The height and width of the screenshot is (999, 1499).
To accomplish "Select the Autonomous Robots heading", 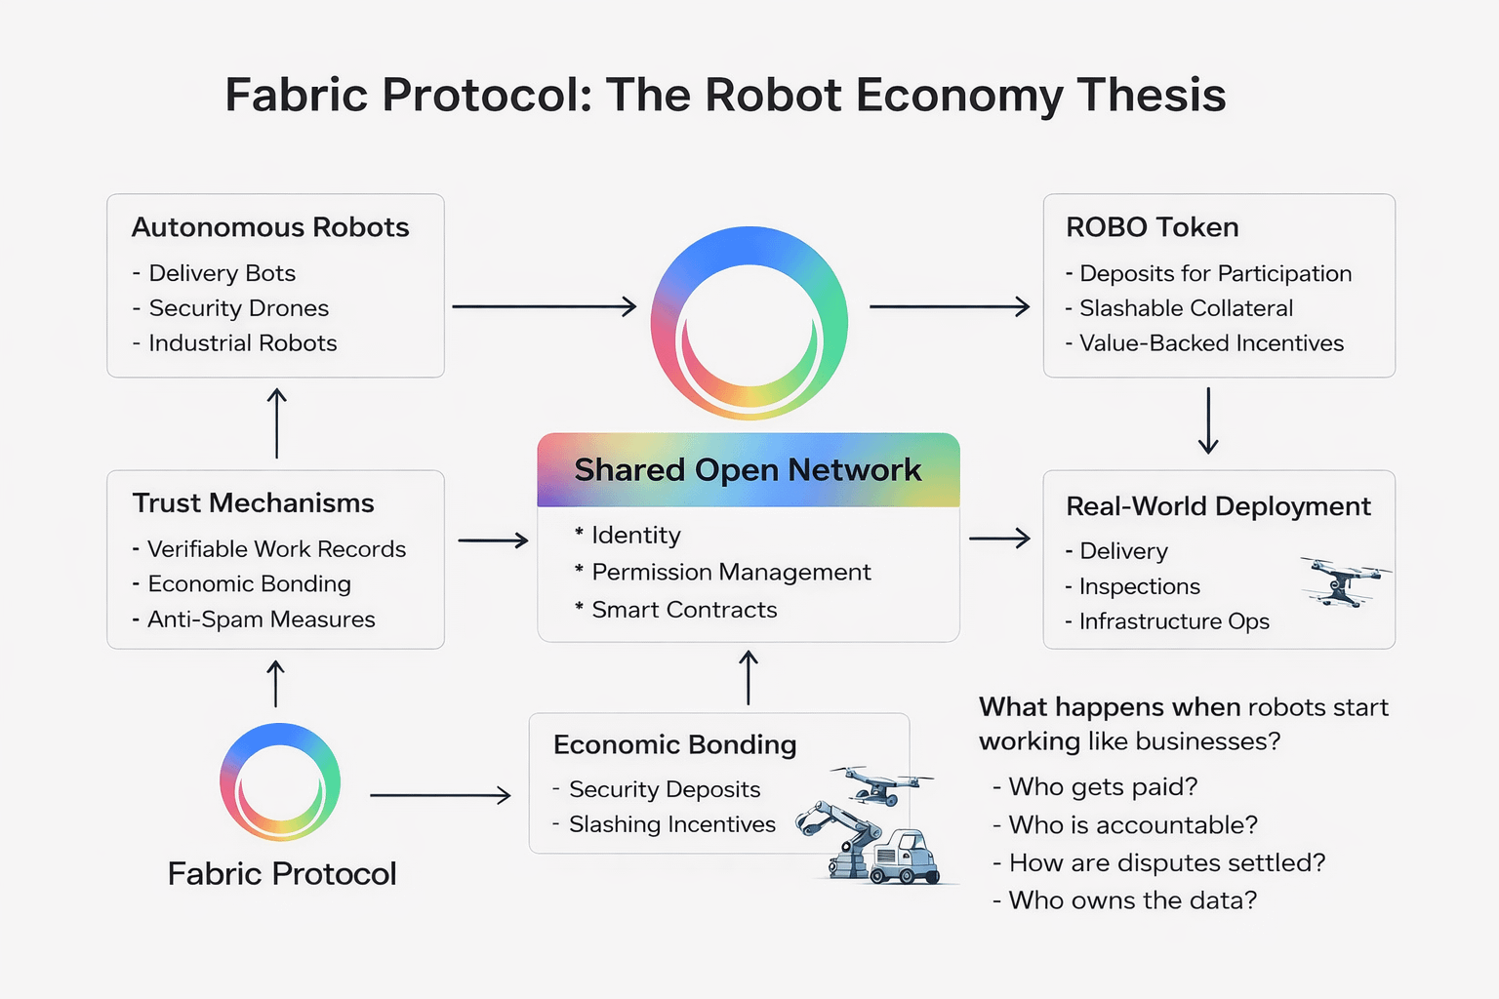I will (270, 227).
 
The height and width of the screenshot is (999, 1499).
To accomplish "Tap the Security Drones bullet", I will (238, 308).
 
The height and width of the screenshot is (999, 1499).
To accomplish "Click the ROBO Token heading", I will (1152, 227).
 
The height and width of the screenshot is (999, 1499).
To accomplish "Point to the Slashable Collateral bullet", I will (1186, 308).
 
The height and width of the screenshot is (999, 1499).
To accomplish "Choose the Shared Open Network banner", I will (748, 469).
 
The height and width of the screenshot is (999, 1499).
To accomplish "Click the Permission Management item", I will (731, 572).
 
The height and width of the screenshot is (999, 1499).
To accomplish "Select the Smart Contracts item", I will (684, 610).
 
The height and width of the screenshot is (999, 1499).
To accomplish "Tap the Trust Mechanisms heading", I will (254, 503).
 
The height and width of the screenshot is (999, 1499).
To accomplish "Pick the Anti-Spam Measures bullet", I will (261, 619).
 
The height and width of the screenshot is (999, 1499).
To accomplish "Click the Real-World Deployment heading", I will (1218, 506).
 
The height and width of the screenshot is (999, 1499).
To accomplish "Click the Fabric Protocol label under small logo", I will (282, 874).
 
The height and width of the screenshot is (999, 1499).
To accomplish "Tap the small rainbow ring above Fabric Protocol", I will (280, 781).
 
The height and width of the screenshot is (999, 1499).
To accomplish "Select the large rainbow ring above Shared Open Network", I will (749, 323).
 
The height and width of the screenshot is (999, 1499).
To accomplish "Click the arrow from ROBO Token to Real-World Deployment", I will (1208, 420).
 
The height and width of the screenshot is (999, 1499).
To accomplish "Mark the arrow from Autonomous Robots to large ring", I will (544, 307).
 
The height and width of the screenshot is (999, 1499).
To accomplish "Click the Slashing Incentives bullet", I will (671, 824).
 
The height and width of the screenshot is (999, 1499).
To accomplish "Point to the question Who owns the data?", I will (1132, 899).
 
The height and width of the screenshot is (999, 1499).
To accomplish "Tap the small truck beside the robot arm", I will (904, 856).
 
